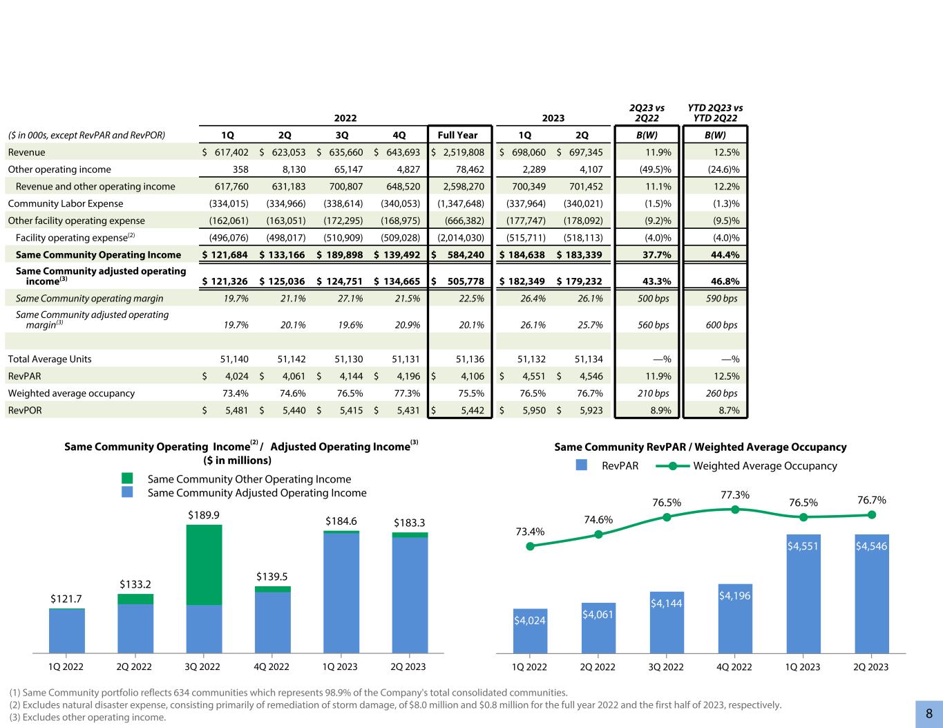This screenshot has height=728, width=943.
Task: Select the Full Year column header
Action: point(458,136)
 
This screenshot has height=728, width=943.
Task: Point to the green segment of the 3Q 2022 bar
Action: point(204,564)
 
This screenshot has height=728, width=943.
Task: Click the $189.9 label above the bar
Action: point(204,516)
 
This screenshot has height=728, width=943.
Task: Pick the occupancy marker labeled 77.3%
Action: point(735,510)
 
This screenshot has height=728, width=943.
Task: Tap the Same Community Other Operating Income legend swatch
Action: point(127,478)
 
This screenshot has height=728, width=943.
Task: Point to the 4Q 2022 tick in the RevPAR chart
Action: point(734,667)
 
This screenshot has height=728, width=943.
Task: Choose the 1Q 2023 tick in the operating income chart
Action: point(341,667)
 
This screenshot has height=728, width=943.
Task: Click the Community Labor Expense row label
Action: point(66,204)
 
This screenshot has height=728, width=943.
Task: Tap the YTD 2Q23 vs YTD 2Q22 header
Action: point(715,113)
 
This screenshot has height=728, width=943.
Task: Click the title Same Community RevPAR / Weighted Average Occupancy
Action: point(701,447)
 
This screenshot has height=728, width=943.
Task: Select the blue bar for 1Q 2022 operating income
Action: point(67,631)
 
